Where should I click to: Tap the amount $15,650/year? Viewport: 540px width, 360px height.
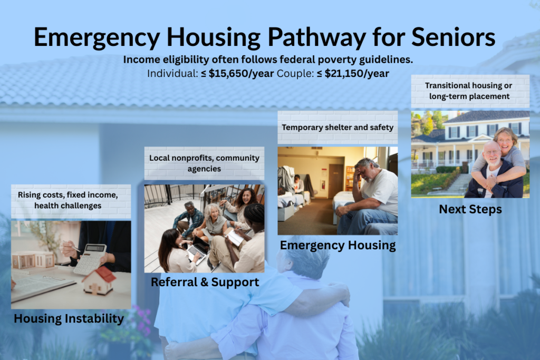coord(241,73)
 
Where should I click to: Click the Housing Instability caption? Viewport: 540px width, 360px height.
coord(69,318)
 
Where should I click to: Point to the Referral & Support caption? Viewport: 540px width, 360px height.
coord(205,282)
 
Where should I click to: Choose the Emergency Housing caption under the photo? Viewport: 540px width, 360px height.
coord(337,245)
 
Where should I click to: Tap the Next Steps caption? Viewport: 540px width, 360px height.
coord(470,209)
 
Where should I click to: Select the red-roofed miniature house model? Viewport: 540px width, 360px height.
coord(99,280)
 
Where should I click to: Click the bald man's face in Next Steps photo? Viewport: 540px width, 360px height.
coord(492,153)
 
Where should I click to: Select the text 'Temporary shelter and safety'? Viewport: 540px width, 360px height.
coord(337,127)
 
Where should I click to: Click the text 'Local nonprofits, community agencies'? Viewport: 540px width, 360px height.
coord(204,163)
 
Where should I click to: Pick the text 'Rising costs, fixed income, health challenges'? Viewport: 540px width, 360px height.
coord(71,200)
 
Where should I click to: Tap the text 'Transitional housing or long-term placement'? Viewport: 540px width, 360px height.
coord(470,91)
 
